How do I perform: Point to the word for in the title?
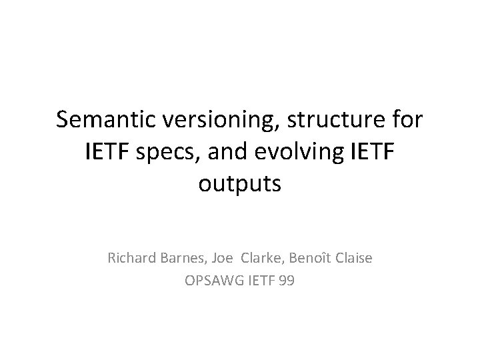[407, 121]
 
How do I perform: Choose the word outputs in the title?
[240, 184]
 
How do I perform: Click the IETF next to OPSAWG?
[260, 280]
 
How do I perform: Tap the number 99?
[287, 280]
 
